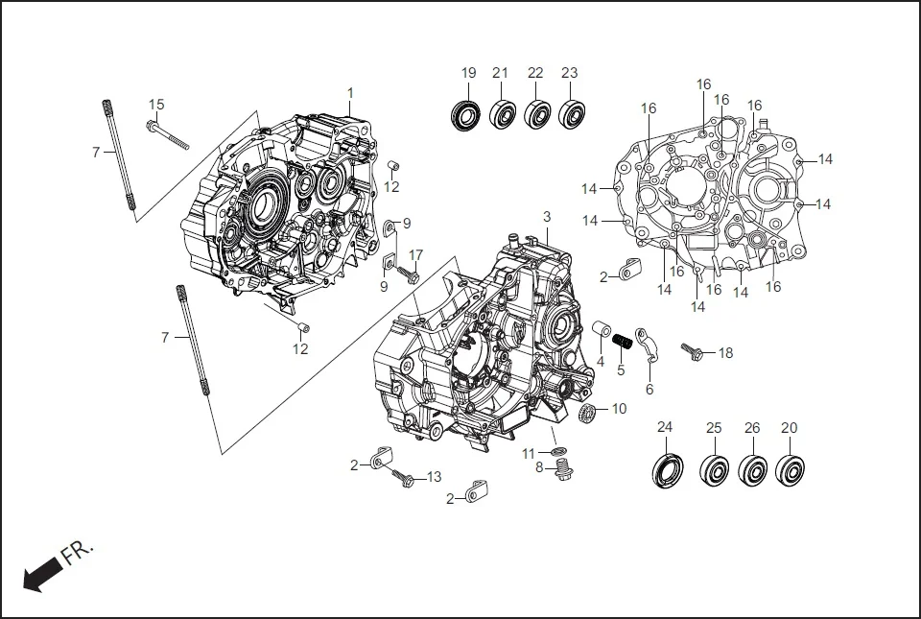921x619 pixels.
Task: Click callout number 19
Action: (468, 73)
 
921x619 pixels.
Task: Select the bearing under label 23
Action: (573, 114)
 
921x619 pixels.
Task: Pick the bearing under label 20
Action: (790, 470)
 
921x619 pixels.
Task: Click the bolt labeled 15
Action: (167, 134)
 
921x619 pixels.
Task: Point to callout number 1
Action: (350, 93)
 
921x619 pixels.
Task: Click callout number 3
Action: (547, 218)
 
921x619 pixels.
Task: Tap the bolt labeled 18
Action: (693, 352)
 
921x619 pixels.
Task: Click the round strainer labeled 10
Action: (590, 414)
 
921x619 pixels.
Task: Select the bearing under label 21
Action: (502, 114)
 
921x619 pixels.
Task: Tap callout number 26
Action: (752, 428)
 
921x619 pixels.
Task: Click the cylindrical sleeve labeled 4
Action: (601, 331)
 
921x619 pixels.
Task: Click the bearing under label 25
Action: (714, 470)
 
